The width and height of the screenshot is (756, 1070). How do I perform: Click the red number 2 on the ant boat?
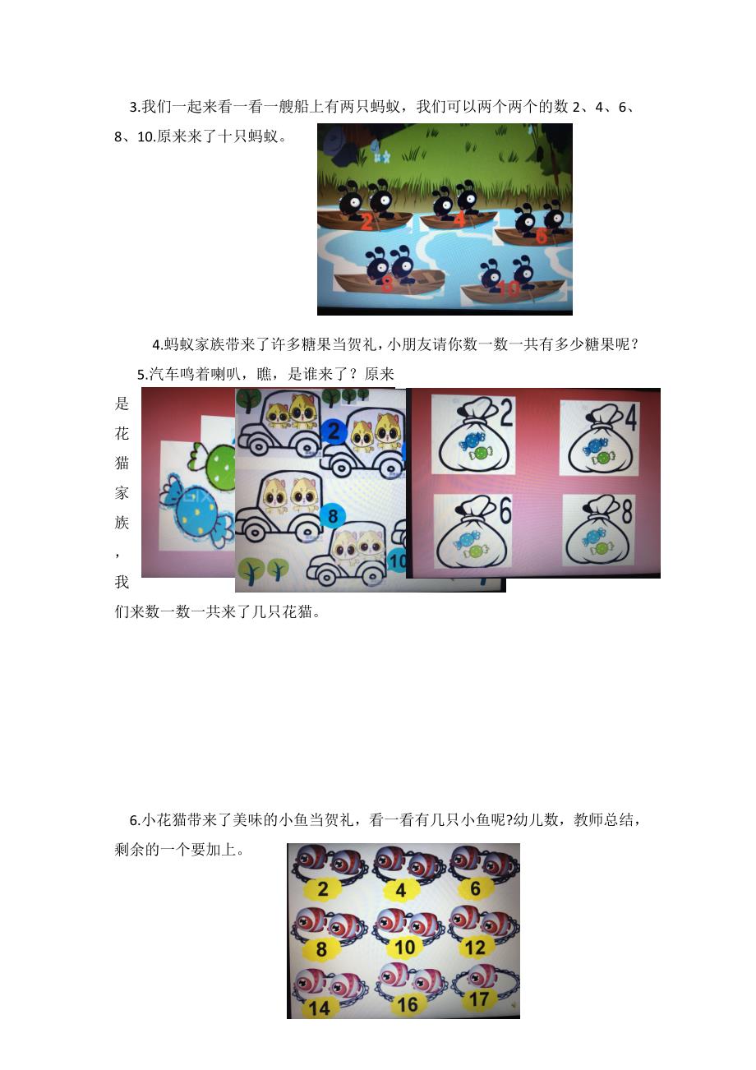366,221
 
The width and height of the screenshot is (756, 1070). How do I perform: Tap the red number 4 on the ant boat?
459,219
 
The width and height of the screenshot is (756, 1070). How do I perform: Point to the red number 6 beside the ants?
541,236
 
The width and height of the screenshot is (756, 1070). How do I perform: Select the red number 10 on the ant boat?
509,288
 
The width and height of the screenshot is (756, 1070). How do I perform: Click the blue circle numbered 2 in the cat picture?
333,431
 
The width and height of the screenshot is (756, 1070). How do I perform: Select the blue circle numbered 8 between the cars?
333,516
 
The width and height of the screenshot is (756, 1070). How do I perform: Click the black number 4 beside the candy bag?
630,419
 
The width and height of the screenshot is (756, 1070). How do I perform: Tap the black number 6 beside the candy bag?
504,510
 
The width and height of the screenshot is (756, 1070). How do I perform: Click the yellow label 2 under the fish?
322,888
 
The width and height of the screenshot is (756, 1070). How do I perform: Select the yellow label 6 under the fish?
475,888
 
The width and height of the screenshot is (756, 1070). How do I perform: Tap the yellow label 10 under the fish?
404,948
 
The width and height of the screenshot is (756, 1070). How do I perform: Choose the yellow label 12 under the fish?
475,948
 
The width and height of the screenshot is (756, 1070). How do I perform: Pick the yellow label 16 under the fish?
407,1003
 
